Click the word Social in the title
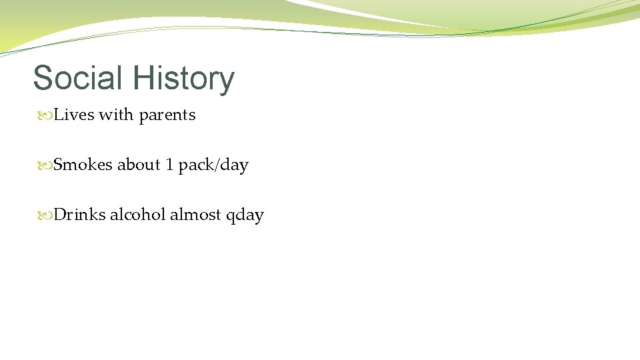79,78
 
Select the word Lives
74,115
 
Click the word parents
167,115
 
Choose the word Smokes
83,165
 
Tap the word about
139,165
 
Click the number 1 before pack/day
170,165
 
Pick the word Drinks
79,215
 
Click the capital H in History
143,79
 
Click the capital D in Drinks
59,215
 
